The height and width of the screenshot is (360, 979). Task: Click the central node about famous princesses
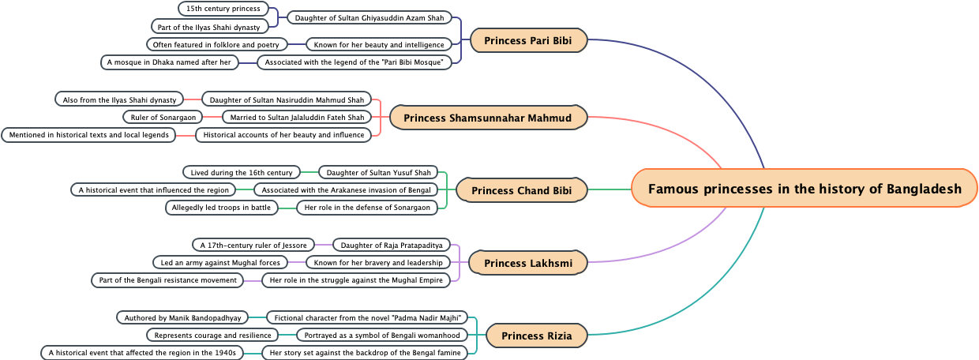pos(805,189)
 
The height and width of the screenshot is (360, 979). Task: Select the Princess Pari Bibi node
pos(528,40)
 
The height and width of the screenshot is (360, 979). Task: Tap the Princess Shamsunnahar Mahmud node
pos(487,118)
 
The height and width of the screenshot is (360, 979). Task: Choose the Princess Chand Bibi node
pos(522,190)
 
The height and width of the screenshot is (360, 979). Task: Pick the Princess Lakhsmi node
pos(528,263)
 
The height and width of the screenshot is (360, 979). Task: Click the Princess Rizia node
pos(537,336)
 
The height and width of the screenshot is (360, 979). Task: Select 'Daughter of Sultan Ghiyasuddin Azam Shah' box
pos(369,17)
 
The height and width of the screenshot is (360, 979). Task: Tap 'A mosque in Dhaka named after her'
pos(170,62)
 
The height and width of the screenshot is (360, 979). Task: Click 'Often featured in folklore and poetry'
pos(216,44)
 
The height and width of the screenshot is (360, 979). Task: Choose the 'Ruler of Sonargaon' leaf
pos(163,118)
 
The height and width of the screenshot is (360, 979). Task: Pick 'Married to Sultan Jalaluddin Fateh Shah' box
pos(297,118)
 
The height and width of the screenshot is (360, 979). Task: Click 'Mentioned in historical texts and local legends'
pos(88,135)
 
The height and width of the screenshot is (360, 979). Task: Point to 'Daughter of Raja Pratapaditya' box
pos(392,245)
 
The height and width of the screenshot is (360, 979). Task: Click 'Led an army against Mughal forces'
pos(220,262)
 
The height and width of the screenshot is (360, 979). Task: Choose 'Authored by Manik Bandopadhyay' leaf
pos(182,317)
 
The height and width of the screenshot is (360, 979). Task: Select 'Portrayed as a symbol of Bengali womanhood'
pos(382,335)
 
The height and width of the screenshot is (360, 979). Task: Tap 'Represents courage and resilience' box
pos(212,335)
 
